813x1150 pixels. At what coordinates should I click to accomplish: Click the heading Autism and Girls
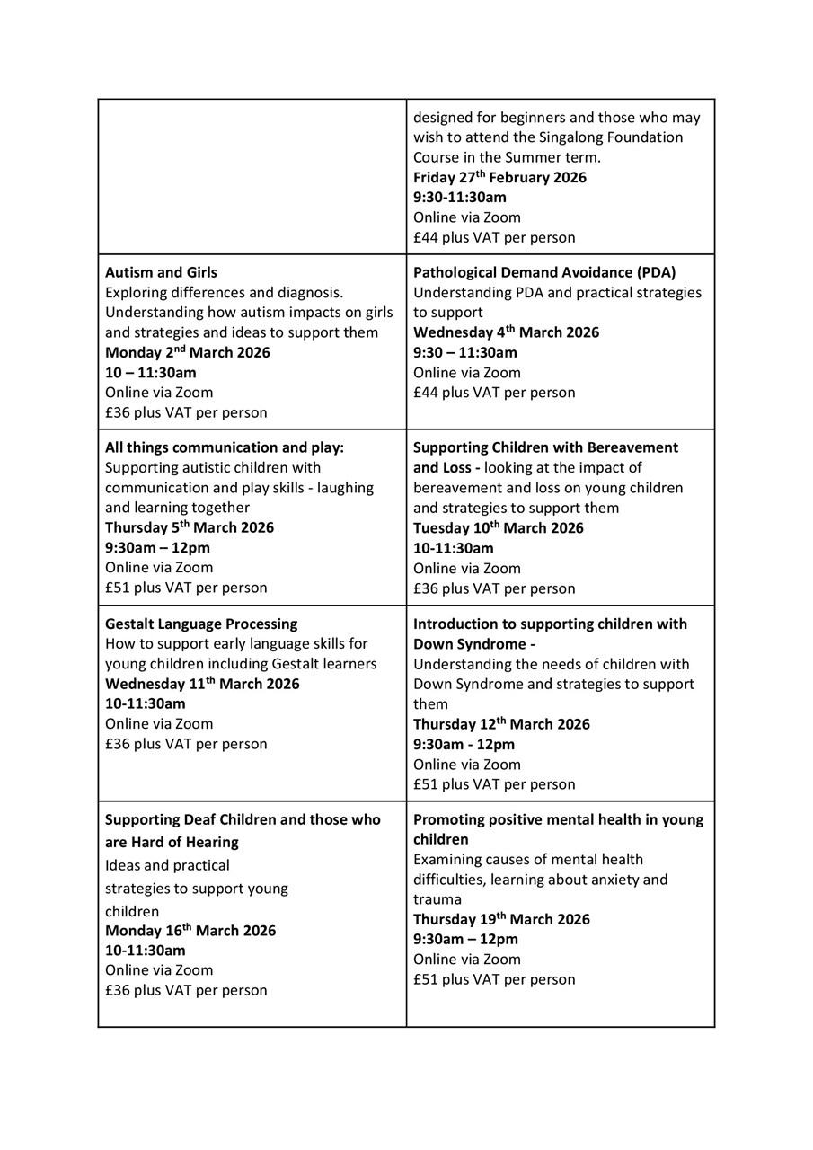point(161,272)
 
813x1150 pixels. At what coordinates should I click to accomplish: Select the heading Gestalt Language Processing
point(201,624)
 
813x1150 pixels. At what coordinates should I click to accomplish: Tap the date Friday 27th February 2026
point(499,177)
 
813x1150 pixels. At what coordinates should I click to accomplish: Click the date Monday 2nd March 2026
point(187,352)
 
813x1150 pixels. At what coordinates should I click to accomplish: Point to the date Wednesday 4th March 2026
point(506,332)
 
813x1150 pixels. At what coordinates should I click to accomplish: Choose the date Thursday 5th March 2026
point(189,527)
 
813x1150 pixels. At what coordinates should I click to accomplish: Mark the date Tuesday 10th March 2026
point(498,528)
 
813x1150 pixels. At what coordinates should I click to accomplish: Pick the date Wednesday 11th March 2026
point(202,684)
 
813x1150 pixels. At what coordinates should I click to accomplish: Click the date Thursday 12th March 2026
point(501,724)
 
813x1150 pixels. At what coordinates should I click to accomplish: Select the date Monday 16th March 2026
point(190,931)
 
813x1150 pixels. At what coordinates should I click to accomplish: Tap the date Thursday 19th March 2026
point(501,919)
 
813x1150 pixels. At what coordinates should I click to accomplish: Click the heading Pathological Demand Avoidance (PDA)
point(544,272)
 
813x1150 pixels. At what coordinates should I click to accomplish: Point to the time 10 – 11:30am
point(150,372)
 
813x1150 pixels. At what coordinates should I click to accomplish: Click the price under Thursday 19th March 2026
point(494,979)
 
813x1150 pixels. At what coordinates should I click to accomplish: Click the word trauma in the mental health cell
point(437,899)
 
